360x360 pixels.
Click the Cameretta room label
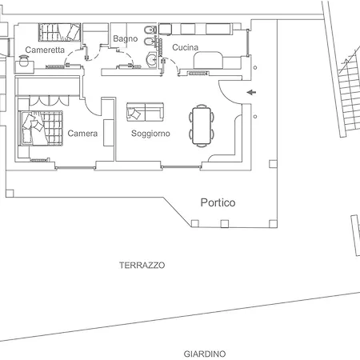click(x=45, y=50)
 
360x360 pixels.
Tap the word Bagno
click(x=126, y=38)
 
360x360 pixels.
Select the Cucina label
click(x=186, y=47)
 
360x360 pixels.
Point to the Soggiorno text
click(x=150, y=134)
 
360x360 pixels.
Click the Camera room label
click(x=82, y=134)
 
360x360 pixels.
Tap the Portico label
click(x=218, y=202)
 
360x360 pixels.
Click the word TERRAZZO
click(x=142, y=266)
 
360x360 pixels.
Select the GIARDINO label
click(x=205, y=354)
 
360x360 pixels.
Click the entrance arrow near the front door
click(x=251, y=92)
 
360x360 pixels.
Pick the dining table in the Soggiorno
click(x=202, y=126)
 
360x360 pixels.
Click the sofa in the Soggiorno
click(x=145, y=112)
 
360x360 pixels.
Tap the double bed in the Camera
click(x=42, y=128)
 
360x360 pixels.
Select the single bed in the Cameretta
click(x=60, y=32)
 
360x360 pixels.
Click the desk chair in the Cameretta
click(x=24, y=61)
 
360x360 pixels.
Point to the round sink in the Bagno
click(x=152, y=59)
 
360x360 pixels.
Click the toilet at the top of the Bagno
click(x=150, y=30)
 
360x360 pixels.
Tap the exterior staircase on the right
click(x=349, y=94)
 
